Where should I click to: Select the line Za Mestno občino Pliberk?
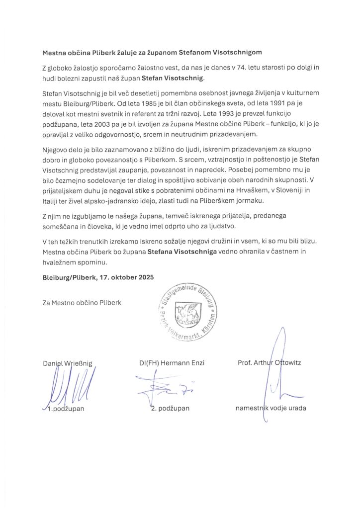[x=82, y=302]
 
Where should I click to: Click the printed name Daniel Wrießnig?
[x=68, y=362]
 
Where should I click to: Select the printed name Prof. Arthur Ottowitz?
[x=269, y=362]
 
